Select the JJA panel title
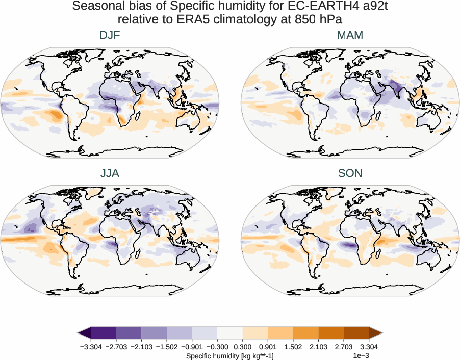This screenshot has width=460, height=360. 110,173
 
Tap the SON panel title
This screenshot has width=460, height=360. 350,173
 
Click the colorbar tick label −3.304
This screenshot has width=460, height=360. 91,347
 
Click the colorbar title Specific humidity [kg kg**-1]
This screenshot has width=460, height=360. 229,355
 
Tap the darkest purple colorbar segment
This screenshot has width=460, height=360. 104,333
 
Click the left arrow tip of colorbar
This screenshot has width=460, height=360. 79,333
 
